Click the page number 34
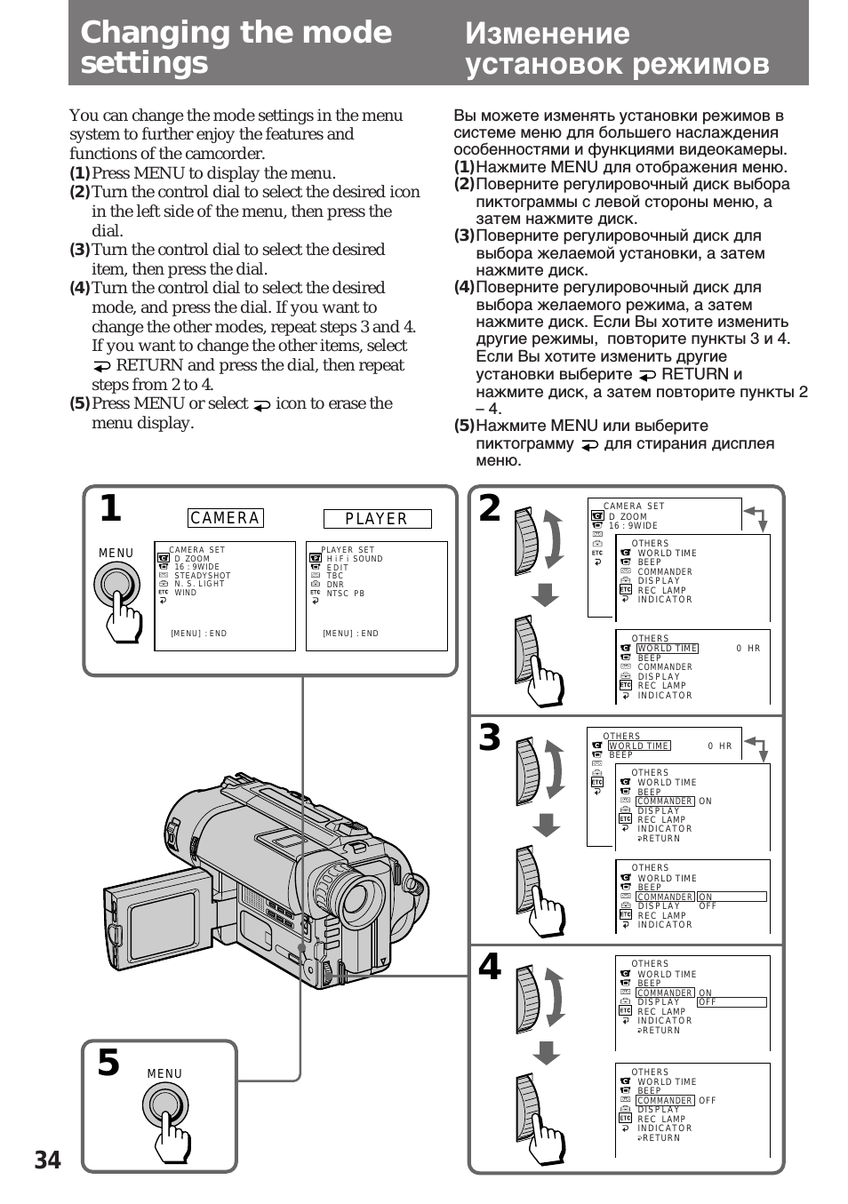[x=48, y=1160]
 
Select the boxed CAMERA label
[x=226, y=518]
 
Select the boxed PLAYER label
[x=376, y=519]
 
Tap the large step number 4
[x=490, y=967]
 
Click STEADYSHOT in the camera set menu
[x=202, y=576]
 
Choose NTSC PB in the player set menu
[x=346, y=593]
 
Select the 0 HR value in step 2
[x=748, y=649]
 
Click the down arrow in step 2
[x=545, y=595]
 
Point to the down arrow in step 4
[x=547, y=1053]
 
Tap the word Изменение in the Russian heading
[x=547, y=34]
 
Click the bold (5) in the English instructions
[x=80, y=403]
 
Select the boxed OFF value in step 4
[x=731, y=1002]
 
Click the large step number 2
[x=490, y=509]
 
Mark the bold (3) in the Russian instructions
[x=464, y=236]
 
